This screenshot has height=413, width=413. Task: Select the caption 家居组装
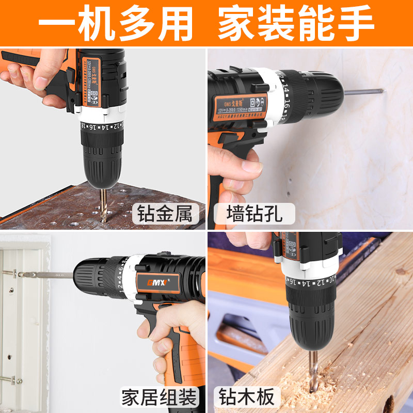tap(160, 398)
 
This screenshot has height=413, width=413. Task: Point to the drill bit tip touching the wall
tap(381, 92)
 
